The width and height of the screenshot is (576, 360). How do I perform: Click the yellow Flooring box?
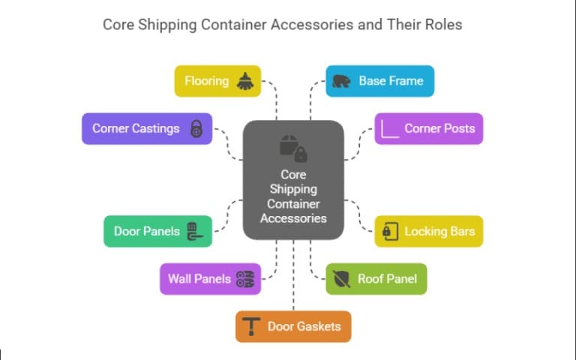217,81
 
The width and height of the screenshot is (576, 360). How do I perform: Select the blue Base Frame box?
379,81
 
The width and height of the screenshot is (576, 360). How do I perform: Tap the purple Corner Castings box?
147,128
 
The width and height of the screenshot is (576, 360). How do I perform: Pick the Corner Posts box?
429,128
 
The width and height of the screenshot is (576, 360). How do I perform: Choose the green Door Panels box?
157,231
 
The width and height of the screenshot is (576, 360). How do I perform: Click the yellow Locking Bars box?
429,231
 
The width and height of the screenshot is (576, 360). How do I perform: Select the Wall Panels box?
210,279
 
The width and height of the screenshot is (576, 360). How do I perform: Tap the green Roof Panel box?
376,279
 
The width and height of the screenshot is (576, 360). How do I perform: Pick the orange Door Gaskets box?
293,326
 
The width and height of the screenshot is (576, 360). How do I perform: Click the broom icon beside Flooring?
245,81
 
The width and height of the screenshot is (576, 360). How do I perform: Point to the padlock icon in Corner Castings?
196,128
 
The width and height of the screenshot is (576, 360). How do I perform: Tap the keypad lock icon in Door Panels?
194,231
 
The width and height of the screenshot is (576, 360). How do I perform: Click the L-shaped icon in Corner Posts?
390,128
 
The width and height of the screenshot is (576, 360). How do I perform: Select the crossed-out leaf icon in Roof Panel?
341,279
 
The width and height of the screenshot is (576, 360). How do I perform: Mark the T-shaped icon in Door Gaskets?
251,326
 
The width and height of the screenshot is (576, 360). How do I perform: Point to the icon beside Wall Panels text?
244,279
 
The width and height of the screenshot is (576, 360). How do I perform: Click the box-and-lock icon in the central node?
293,148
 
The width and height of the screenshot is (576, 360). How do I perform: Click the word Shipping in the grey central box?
293,189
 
